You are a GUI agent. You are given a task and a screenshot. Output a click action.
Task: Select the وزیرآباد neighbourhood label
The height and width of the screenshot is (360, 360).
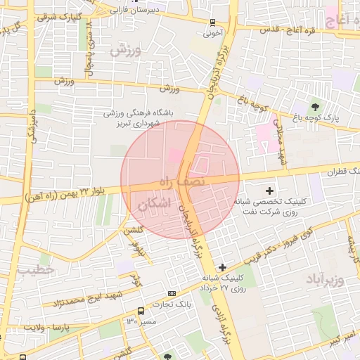coord(325,281)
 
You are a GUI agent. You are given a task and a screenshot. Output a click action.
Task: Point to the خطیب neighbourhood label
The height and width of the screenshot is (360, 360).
coord(35,269)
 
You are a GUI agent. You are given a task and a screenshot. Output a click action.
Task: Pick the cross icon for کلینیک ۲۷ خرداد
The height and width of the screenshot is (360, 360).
coord(223,267)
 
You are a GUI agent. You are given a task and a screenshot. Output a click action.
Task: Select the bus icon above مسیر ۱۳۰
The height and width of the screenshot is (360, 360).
coord(141,310)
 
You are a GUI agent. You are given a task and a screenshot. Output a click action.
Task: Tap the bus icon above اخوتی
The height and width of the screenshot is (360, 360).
coord(213,22)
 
